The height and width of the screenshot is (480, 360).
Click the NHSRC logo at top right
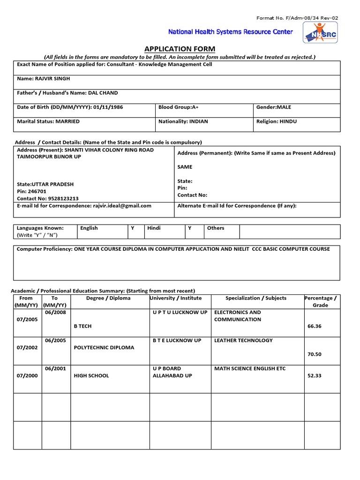(320, 33)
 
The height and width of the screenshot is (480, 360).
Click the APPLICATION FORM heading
(180, 49)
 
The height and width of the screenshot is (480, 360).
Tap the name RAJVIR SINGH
(53, 79)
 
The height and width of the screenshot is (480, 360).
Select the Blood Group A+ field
(178, 107)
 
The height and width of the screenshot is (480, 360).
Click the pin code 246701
(37, 191)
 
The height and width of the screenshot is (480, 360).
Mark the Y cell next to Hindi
(190, 228)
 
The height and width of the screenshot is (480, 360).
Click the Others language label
(216, 228)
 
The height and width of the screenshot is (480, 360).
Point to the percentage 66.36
(315, 326)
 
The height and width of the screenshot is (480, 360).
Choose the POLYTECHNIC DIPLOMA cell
(104, 347)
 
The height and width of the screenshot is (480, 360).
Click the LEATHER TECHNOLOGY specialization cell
(243, 340)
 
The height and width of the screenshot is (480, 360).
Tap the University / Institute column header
(176, 298)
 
